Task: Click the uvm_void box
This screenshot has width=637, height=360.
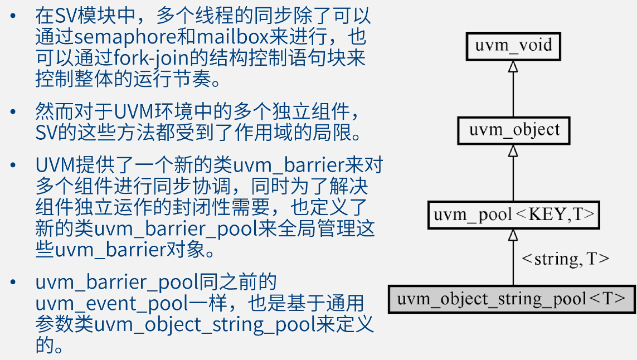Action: (x=513, y=45)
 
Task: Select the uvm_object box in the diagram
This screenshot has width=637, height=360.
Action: (x=513, y=130)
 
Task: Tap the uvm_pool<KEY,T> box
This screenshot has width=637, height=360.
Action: (x=513, y=215)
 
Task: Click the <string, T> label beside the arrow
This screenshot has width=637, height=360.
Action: (x=564, y=259)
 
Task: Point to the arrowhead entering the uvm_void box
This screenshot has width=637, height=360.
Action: (x=513, y=66)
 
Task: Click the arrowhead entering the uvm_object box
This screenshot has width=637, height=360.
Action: (x=513, y=151)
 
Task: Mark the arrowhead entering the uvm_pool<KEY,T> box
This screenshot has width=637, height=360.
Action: (x=513, y=235)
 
